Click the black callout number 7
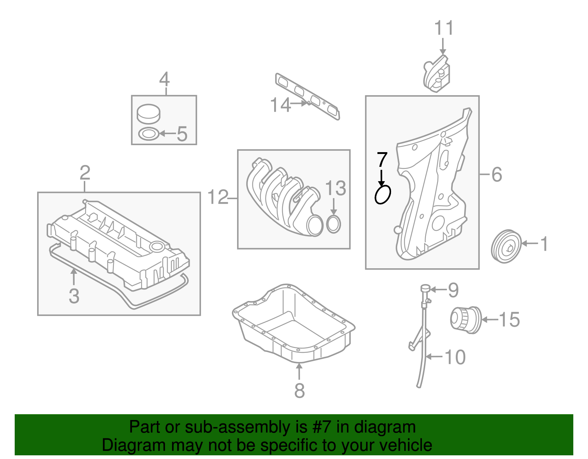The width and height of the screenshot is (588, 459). [x=382, y=160]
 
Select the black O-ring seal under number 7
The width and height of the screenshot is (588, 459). [x=383, y=194]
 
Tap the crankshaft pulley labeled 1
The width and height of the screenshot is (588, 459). [x=506, y=246]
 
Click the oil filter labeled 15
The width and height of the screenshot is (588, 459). [x=466, y=320]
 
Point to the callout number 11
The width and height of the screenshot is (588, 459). [x=444, y=28]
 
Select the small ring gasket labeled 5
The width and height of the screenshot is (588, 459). [x=148, y=134]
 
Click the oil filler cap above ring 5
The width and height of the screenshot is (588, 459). [x=148, y=114]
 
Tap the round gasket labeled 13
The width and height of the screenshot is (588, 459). [x=333, y=225]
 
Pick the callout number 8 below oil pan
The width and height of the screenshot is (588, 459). [x=300, y=390]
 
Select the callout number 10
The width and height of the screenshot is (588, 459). [x=455, y=357]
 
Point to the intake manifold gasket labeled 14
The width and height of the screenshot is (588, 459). [x=308, y=97]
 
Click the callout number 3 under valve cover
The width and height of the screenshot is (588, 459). [x=74, y=296]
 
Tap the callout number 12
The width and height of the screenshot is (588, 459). [x=218, y=197]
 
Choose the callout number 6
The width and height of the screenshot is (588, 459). [x=496, y=174]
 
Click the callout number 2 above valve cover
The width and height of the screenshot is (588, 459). [x=85, y=173]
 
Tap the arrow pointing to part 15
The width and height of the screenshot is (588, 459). [x=489, y=320]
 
